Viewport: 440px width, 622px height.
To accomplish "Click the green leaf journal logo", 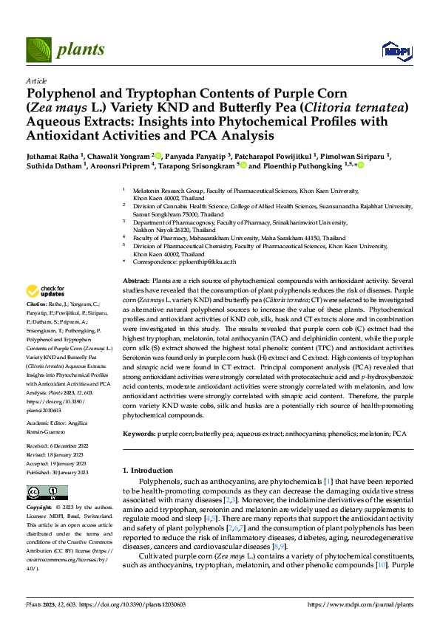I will (x=38, y=50).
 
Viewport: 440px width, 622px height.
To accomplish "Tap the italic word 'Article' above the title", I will (x=36, y=81).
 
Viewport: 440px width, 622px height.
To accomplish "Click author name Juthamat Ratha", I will (x=55, y=156).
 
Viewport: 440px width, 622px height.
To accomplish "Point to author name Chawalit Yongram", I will (x=119, y=156).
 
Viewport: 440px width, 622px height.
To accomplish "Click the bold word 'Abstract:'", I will (x=135, y=282).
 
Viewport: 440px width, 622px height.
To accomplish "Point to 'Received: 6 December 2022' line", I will (x=58, y=447).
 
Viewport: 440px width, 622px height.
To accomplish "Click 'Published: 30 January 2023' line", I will (x=58, y=471).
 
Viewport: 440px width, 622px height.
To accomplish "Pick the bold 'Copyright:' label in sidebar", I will (x=39, y=508).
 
